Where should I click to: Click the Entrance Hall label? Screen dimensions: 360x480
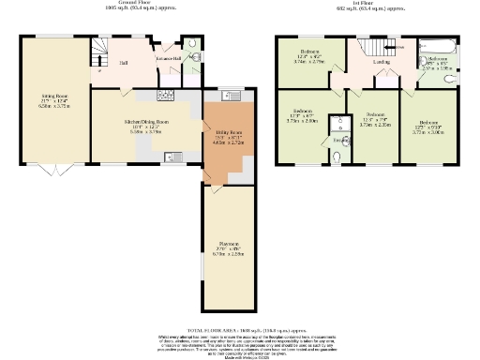click(x=170, y=58)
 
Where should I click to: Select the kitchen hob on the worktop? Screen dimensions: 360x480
click(x=167, y=96)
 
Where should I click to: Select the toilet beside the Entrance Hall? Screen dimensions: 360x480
click(x=190, y=45)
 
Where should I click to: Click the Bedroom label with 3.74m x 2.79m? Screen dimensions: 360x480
click(x=310, y=54)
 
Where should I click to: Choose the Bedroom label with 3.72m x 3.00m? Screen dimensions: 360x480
click(x=429, y=127)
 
